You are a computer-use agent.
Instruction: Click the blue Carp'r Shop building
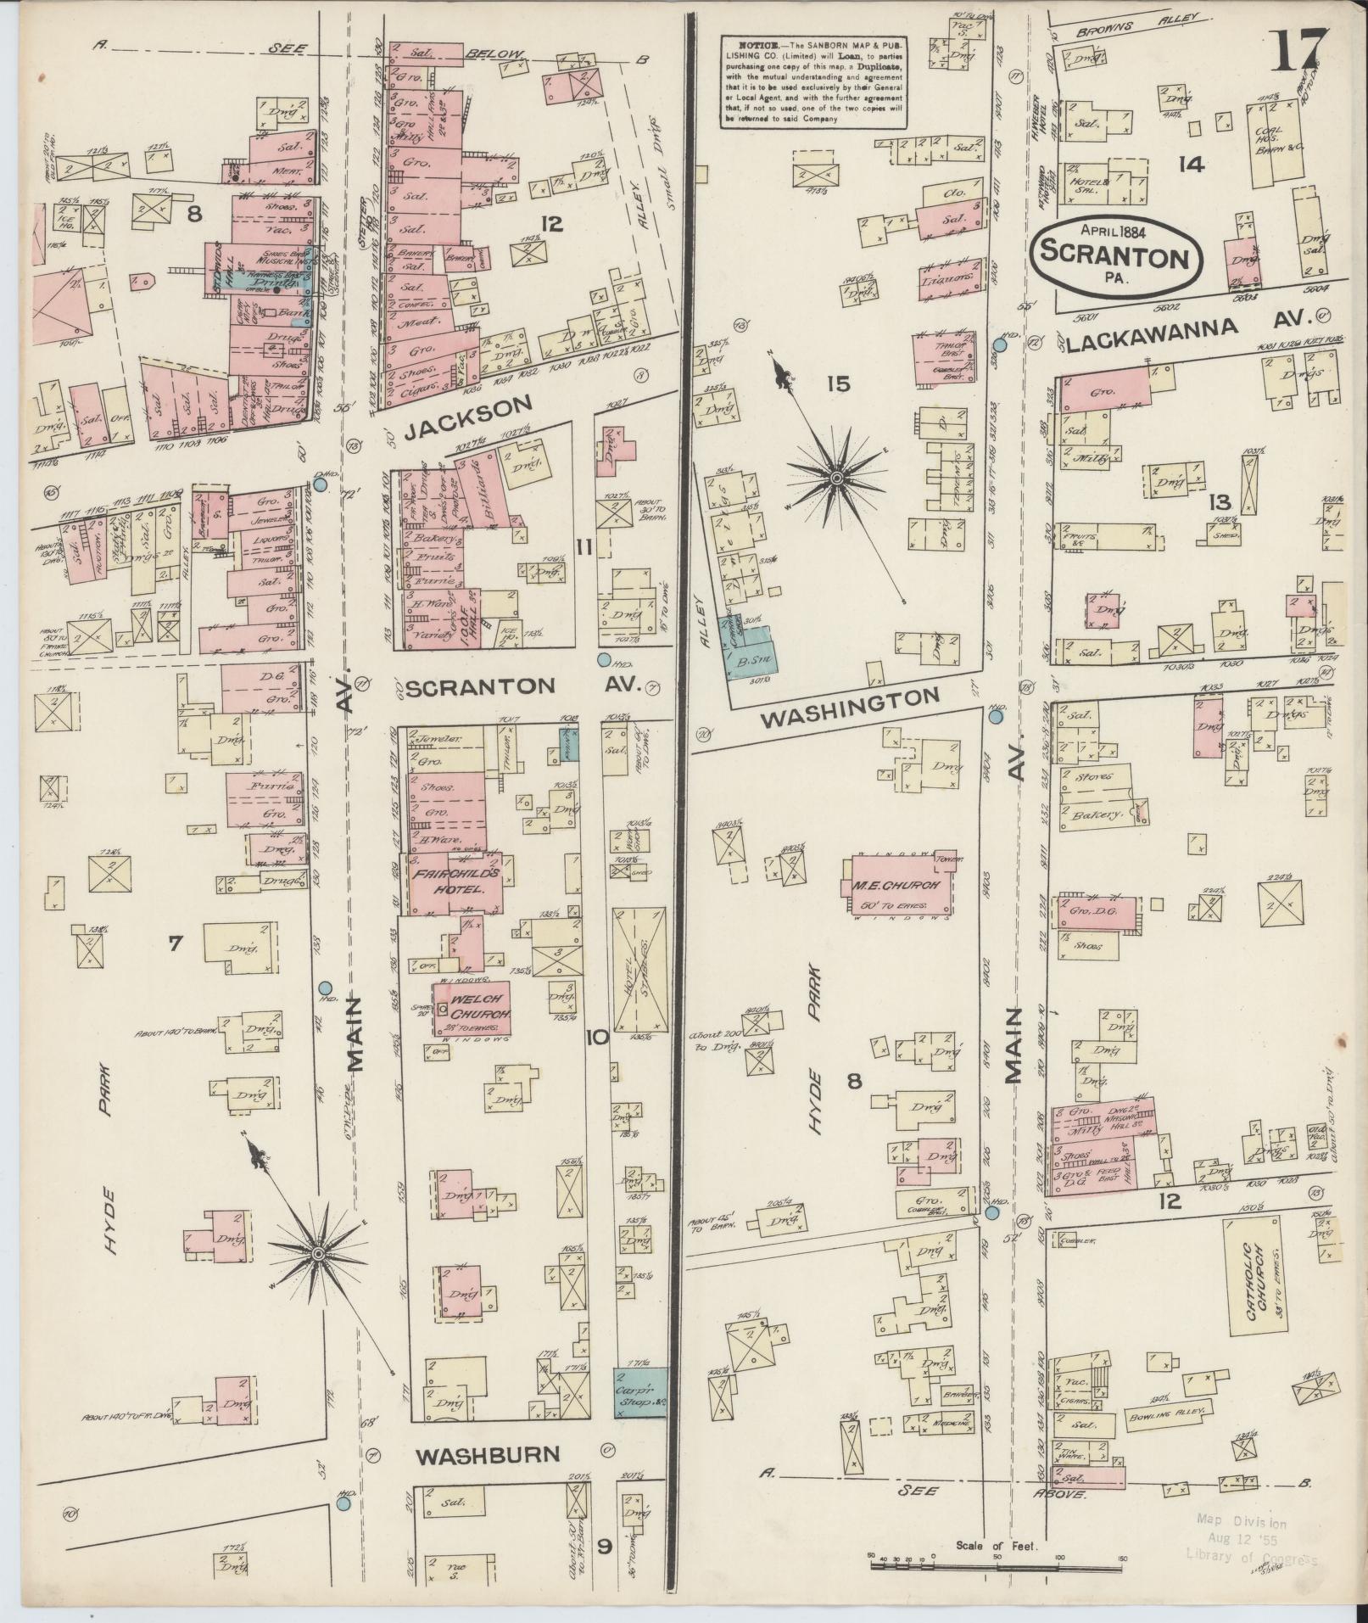(x=639, y=1392)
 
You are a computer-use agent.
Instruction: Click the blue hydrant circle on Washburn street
(x=343, y=1504)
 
